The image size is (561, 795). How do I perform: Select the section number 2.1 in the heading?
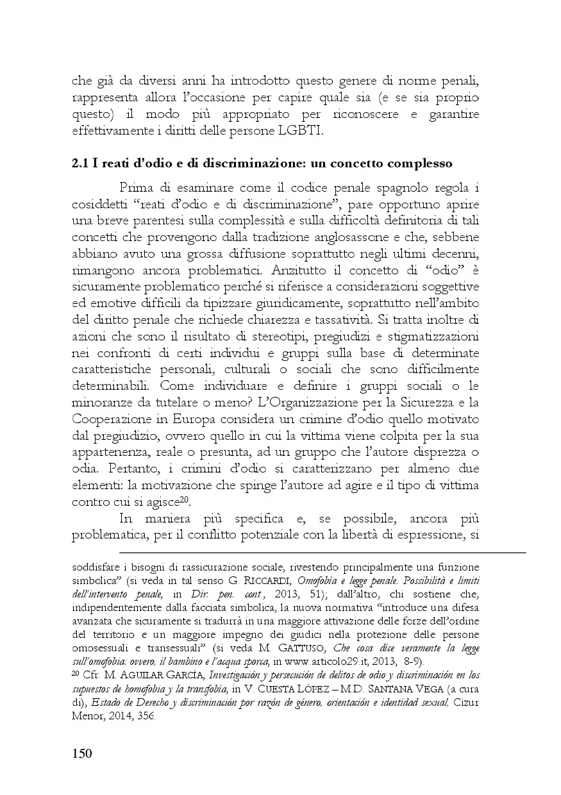tap(80, 163)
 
